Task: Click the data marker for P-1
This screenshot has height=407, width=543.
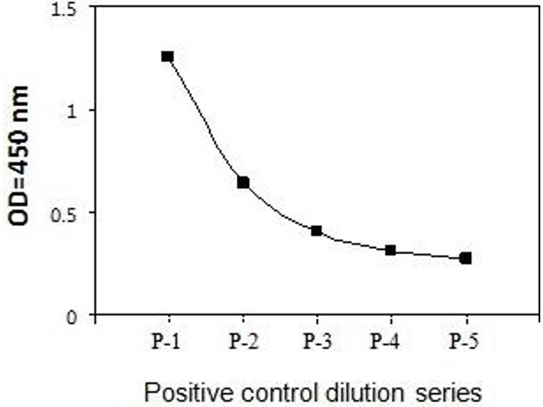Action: point(168,56)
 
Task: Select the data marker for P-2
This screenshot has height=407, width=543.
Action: point(243,182)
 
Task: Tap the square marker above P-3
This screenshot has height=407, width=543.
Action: point(316,231)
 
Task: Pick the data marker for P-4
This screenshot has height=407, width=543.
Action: point(390,250)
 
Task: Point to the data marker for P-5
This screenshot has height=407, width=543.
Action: point(465,258)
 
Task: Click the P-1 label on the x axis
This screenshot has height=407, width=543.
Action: point(166,341)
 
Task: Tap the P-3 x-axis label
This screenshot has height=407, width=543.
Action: point(316,341)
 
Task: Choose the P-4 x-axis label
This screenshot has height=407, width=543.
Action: point(390,341)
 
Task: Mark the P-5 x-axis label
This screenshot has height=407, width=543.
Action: point(465,341)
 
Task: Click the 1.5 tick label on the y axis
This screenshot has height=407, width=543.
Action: point(68,9)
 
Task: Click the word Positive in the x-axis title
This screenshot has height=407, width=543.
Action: point(177,392)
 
